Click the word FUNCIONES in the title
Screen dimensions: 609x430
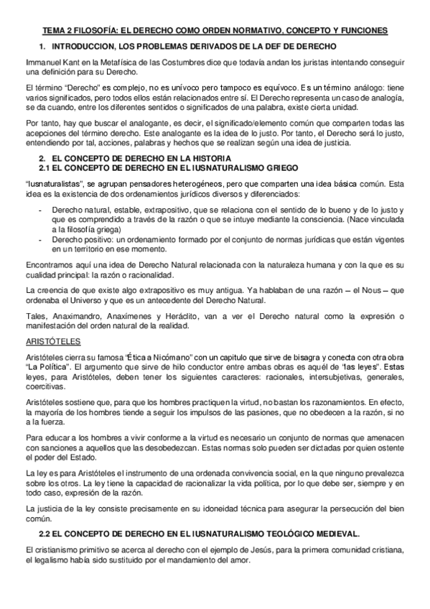[362, 30]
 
